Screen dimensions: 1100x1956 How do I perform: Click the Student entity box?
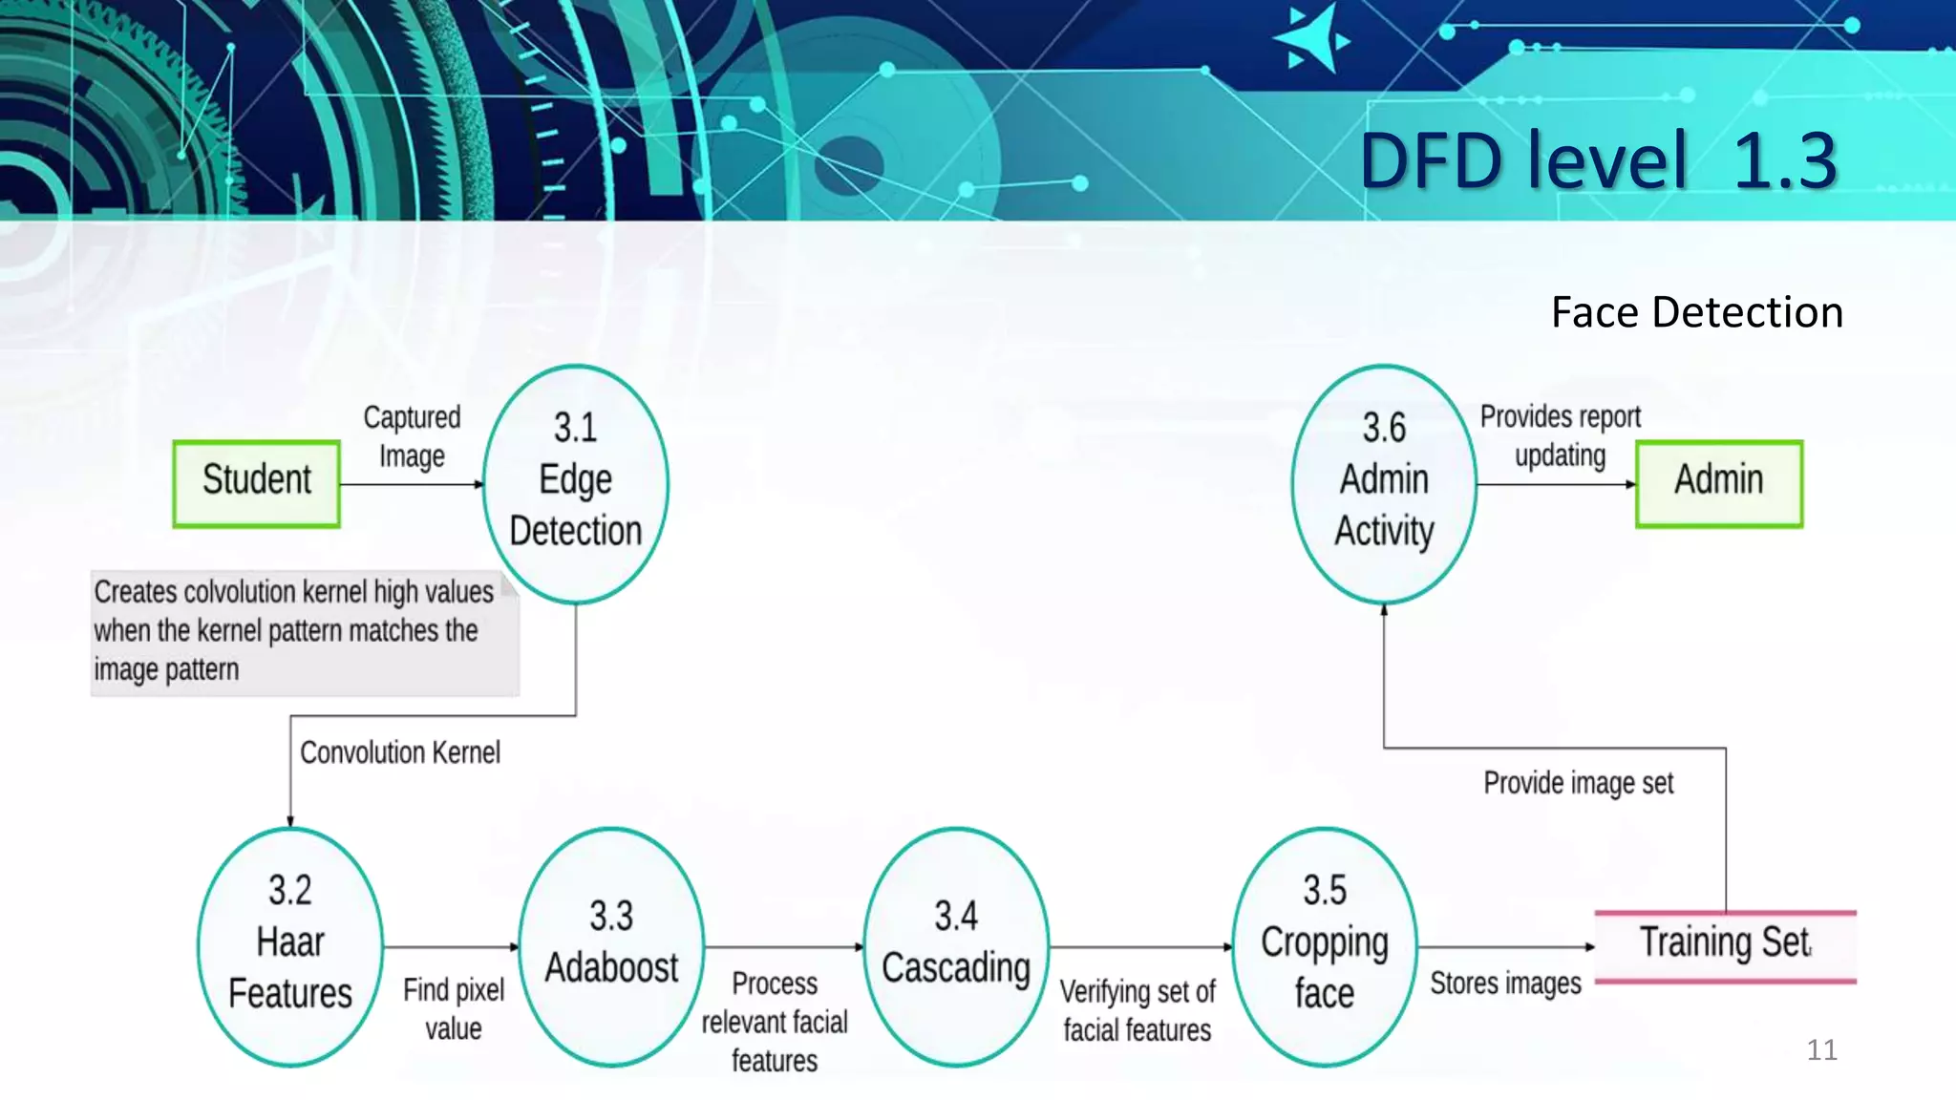[256, 483]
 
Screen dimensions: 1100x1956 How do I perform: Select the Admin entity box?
[1718, 483]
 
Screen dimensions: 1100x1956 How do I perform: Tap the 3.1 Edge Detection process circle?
[575, 483]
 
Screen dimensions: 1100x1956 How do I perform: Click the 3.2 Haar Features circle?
[290, 945]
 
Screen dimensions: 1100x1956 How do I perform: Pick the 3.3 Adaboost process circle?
[611, 945]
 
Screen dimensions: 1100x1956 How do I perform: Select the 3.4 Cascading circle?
[956, 945]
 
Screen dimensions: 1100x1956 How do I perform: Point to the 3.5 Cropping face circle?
[1325, 945]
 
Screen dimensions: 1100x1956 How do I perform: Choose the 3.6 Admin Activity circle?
[1384, 483]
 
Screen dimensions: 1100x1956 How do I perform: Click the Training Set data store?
[1725, 945]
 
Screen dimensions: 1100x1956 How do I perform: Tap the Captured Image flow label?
[412, 435]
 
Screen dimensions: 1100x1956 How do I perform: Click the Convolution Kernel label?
[400, 752]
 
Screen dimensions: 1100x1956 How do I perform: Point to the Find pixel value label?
[454, 1008]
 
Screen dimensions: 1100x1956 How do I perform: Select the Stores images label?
[1505, 984]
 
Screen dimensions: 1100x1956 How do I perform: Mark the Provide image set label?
[1578, 783]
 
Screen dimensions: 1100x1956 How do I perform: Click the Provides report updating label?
[1561, 435]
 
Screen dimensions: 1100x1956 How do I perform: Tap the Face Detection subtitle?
[1696, 312]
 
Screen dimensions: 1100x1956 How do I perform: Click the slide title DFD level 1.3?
[1598, 160]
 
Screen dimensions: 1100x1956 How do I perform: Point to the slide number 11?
[1821, 1050]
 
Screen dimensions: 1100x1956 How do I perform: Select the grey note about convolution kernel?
[304, 632]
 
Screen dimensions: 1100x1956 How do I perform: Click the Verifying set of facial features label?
[1137, 1010]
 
